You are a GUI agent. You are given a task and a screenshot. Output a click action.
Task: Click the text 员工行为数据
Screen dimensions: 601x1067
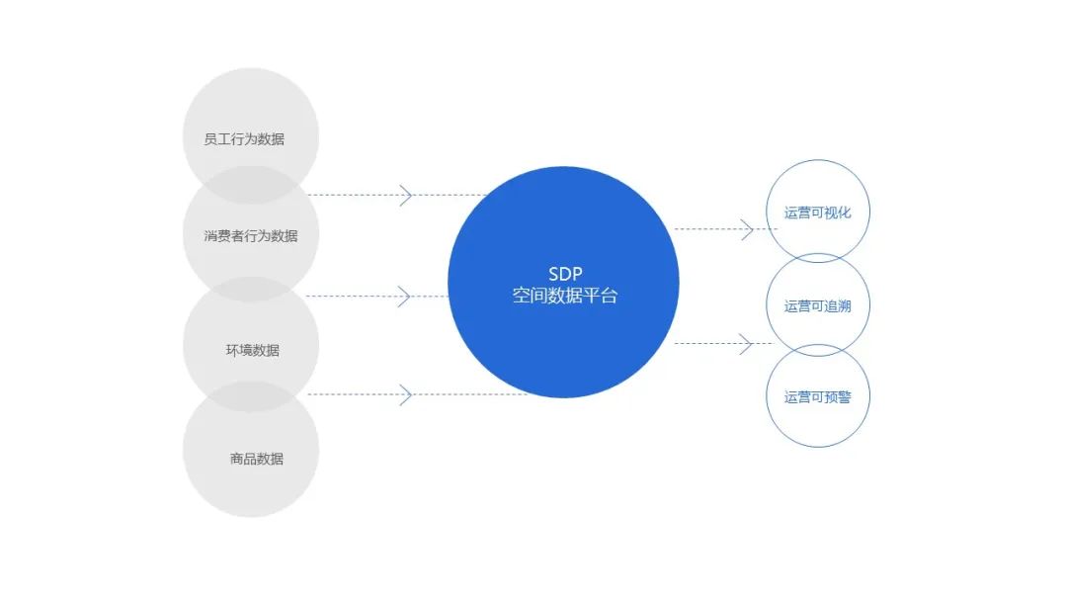244,139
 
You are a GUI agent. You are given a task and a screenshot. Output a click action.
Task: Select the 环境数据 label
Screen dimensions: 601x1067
253,351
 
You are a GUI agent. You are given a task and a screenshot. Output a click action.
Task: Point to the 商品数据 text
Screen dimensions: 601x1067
257,459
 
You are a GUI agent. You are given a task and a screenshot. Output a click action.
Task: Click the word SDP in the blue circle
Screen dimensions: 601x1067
564,274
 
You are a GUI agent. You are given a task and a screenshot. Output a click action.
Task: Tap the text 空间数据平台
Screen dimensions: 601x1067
564,296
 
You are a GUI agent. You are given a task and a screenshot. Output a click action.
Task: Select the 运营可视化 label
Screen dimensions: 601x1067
817,213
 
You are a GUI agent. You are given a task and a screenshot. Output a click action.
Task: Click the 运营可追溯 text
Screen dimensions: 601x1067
817,306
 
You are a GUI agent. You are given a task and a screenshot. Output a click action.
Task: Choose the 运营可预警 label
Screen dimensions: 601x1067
818,397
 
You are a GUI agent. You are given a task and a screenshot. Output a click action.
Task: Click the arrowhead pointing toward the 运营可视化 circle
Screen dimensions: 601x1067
748,229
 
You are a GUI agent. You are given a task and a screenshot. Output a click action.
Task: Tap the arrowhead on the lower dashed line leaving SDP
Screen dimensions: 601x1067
748,344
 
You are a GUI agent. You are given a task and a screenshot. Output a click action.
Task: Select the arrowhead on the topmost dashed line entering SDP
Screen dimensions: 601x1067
405,195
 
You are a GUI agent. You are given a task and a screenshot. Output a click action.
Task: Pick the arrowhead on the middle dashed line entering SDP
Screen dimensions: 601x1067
404,296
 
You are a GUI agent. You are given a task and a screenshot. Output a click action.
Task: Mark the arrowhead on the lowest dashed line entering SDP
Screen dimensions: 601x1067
405,395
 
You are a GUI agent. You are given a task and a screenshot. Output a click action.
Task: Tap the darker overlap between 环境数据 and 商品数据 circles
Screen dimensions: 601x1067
251,396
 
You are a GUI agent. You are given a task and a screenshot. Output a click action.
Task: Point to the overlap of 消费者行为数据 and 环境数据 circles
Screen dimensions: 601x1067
251,290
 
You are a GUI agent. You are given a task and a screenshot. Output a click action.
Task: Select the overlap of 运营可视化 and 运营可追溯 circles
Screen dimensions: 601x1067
818,259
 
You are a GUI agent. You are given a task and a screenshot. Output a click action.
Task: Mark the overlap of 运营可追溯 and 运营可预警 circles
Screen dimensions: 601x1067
818,350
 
